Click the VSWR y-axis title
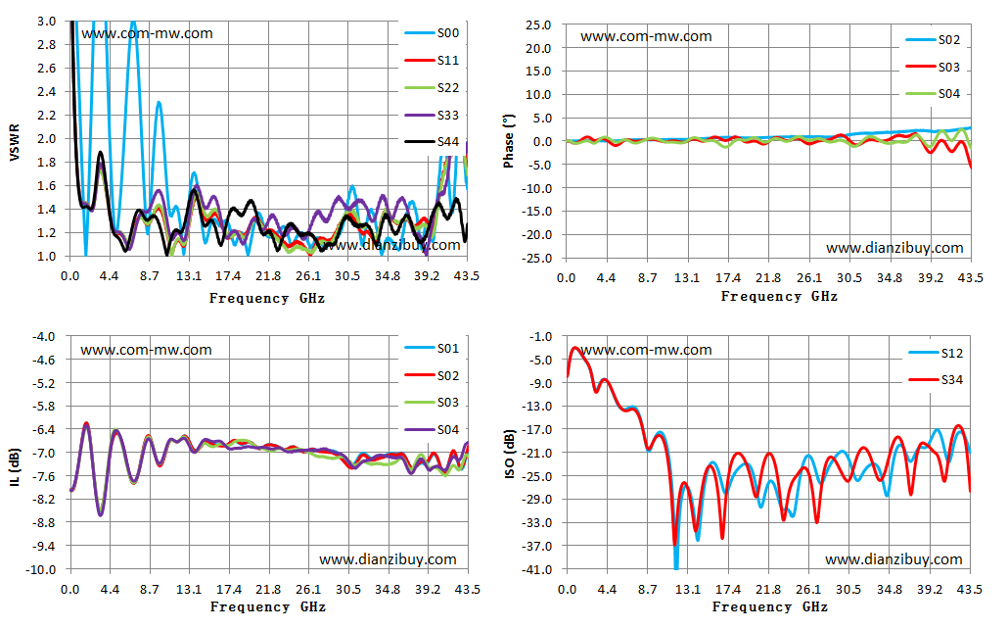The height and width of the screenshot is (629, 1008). pyautogui.click(x=15, y=142)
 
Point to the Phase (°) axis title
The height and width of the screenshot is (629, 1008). pyautogui.click(x=509, y=142)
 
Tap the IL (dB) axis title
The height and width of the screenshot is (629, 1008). pyautogui.click(x=15, y=466)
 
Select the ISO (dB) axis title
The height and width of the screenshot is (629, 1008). pyautogui.click(x=510, y=454)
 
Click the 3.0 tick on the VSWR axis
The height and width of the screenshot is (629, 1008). pyautogui.click(x=47, y=22)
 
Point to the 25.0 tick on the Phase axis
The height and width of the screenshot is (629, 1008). pyautogui.click(x=538, y=25)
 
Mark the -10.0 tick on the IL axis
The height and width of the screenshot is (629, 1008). pyautogui.click(x=40, y=570)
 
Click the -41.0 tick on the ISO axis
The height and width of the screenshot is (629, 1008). pyautogui.click(x=539, y=570)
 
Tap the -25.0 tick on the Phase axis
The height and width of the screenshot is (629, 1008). pyautogui.click(x=537, y=259)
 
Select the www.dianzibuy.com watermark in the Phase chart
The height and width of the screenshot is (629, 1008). pyautogui.click(x=894, y=248)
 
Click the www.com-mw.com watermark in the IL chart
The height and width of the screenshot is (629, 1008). pyautogui.click(x=146, y=350)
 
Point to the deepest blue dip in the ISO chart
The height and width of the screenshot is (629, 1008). pyautogui.click(x=676, y=568)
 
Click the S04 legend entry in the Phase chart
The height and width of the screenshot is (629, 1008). pyautogui.click(x=934, y=94)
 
